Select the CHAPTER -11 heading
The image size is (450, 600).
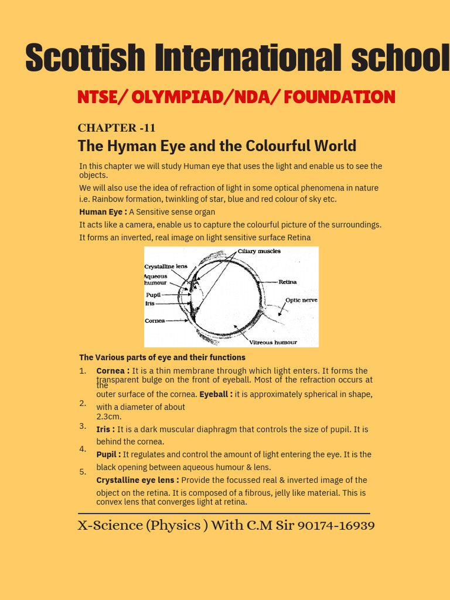(117, 128)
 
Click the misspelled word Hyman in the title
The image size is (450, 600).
(125, 146)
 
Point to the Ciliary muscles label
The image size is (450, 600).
(259, 251)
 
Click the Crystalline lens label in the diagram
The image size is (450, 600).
(166, 266)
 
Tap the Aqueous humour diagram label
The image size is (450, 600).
(156, 279)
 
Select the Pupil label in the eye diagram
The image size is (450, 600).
(153, 295)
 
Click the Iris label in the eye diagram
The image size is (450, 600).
(150, 304)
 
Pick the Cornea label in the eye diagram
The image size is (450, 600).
(155, 321)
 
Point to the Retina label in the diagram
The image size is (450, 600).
(287, 282)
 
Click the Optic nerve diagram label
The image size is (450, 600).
(301, 300)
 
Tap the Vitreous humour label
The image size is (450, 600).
(273, 342)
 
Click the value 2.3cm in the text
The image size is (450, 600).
(109, 417)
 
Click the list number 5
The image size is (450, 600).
(83, 472)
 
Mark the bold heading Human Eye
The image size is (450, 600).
(103, 212)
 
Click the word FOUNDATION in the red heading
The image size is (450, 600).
(339, 97)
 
